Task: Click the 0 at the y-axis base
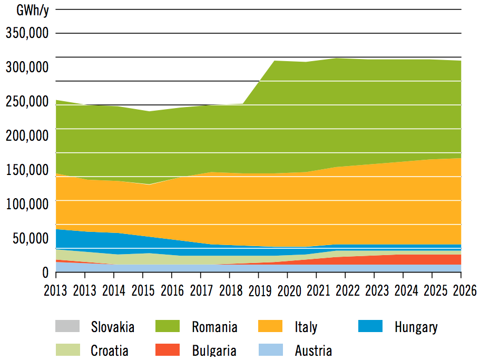point(46,272)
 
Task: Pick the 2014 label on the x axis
point(112,290)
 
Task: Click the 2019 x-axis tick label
point(258,290)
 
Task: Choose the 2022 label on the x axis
point(345,290)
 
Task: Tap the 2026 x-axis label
point(461,290)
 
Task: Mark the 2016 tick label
point(171,290)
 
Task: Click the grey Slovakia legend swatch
point(67,326)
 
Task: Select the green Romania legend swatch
point(168,326)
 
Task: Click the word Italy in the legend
point(306,327)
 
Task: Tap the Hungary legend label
point(416,327)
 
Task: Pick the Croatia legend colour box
point(67,349)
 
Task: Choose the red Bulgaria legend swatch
point(168,349)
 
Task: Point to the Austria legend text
point(313,350)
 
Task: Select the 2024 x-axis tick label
point(403,290)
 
